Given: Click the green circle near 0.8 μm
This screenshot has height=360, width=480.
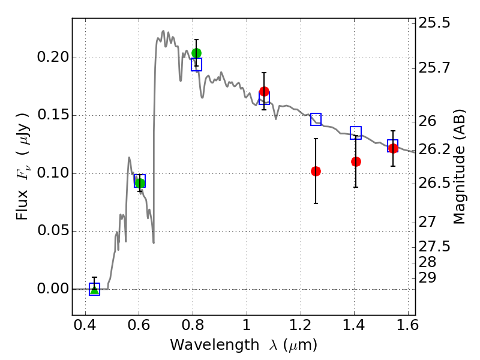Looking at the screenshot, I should [196, 53].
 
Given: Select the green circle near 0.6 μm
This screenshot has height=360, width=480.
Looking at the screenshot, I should [140, 183].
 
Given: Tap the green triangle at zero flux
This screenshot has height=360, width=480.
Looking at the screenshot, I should [94, 289].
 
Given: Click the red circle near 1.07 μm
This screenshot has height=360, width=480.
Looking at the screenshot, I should [264, 91].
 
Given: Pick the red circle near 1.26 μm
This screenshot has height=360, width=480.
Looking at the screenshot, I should [316, 171].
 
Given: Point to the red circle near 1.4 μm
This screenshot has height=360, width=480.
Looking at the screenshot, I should [356, 161].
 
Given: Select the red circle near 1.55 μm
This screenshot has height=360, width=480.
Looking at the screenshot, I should [393, 148].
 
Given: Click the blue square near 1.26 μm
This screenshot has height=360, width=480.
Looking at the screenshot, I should [316, 119].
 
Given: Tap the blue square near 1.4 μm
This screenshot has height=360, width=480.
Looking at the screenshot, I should [356, 133].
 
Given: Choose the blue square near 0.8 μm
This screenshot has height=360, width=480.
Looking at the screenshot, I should [196, 64].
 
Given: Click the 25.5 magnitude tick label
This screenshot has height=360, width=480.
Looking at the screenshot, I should [436, 23].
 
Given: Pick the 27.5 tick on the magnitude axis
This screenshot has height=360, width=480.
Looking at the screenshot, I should [436, 247].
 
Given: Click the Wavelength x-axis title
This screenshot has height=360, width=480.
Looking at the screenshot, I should [243, 346].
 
